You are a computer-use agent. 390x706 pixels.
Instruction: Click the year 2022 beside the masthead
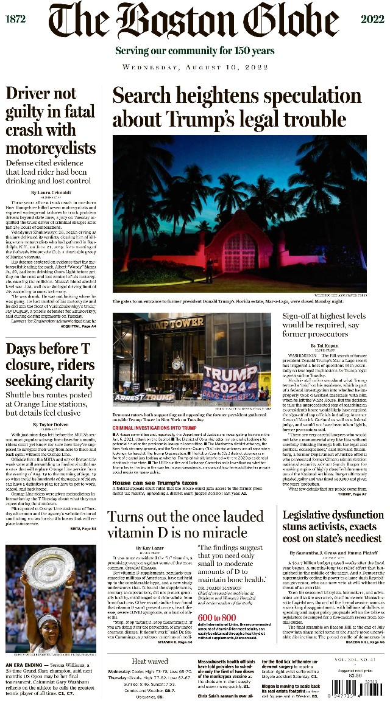point(372,19)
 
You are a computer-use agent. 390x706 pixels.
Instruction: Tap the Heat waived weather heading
point(151,661)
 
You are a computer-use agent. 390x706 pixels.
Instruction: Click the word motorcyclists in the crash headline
point(50,148)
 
